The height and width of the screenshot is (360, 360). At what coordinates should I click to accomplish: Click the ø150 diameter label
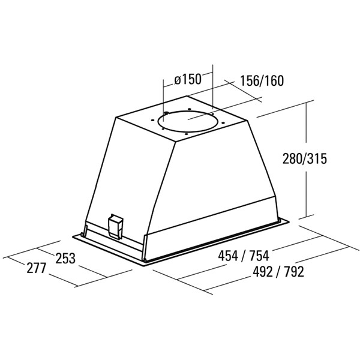[x=188, y=79]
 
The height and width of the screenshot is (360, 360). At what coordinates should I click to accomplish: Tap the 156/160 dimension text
[x=262, y=80]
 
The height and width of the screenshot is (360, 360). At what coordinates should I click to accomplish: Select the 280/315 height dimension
[x=304, y=158]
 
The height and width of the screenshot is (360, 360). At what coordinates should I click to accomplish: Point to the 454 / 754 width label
[x=244, y=256]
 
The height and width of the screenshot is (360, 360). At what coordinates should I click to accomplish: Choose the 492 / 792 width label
[x=278, y=272]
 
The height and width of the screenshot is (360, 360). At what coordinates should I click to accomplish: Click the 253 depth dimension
[x=65, y=258]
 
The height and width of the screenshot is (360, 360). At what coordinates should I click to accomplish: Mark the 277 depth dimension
[x=37, y=268]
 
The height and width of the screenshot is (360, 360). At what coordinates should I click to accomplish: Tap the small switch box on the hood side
[x=115, y=226]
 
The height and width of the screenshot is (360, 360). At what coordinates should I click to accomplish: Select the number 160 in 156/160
[x=274, y=80]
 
